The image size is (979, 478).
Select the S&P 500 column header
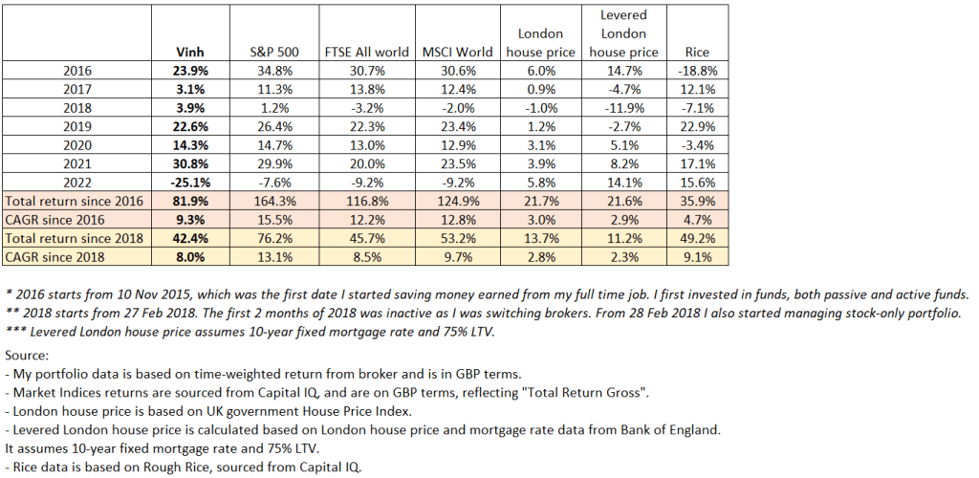[x=269, y=52]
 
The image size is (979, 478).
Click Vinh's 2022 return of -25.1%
[x=191, y=184]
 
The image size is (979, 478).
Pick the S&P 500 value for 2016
[x=269, y=71]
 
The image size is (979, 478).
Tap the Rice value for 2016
[x=697, y=71]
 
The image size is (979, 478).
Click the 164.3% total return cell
[x=269, y=203]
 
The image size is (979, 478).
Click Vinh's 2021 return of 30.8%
[x=191, y=165]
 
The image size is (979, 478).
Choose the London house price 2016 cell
[x=540, y=71]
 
